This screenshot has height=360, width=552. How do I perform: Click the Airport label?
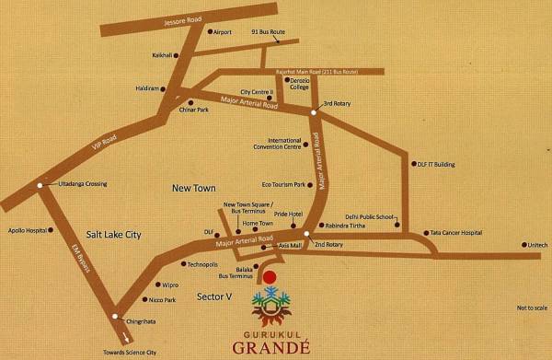(x=225, y=32)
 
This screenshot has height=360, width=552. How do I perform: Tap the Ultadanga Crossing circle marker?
(x=40, y=185)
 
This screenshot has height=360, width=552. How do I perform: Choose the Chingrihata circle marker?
(x=114, y=318)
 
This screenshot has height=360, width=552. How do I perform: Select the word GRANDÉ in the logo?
(x=269, y=348)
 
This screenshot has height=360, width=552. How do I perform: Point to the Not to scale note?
(x=532, y=308)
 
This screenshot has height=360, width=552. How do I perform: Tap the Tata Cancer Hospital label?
(x=457, y=233)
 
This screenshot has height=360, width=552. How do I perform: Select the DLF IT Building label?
(x=436, y=164)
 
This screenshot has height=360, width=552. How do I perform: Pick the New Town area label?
(x=193, y=188)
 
